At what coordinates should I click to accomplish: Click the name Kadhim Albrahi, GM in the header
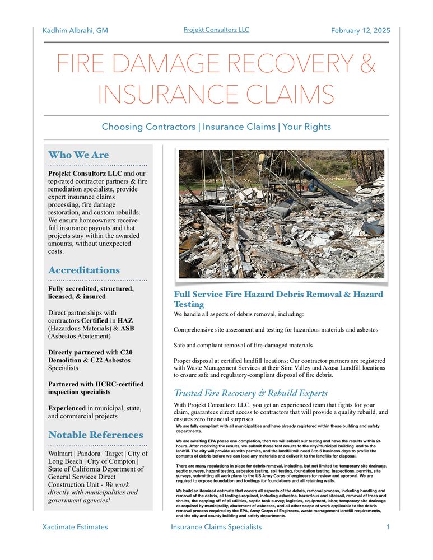tap(75, 31)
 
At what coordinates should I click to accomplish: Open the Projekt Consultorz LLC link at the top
tap(216, 30)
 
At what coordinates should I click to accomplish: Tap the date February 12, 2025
tap(360, 31)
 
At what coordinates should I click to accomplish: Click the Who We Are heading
tap(78, 155)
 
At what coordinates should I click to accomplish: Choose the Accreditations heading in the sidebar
tap(84, 270)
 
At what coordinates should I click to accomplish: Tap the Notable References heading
tap(96, 435)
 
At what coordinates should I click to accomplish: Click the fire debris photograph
tap(281, 213)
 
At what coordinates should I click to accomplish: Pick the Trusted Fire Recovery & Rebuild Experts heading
tap(251, 393)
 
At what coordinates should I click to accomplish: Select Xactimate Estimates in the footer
tap(75, 527)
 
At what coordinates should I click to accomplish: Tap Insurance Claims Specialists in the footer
tap(216, 527)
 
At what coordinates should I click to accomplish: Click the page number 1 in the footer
tap(388, 527)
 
